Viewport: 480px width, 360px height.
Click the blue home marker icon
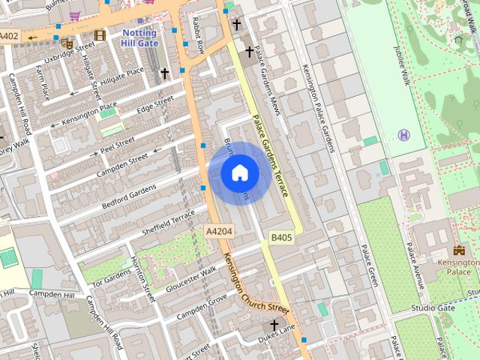[239, 173]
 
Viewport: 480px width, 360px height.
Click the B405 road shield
[281, 238]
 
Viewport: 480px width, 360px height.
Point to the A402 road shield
[10, 36]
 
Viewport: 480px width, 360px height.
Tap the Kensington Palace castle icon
[459, 250]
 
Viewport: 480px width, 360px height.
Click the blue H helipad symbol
[404, 135]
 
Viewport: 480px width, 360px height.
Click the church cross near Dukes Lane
[274, 325]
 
